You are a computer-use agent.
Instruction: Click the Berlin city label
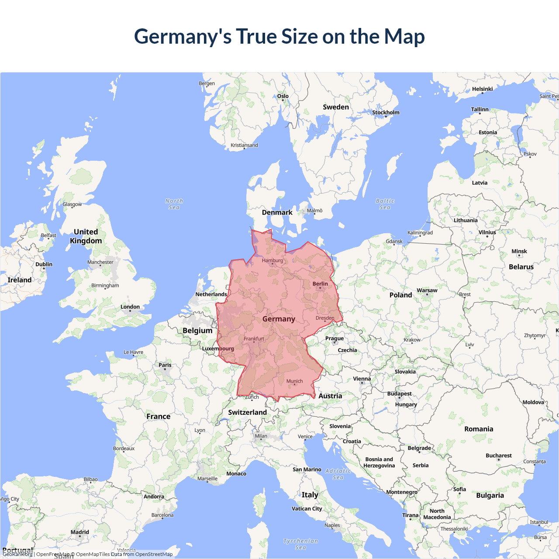coord(320,284)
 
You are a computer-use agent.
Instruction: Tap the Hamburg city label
coord(273,261)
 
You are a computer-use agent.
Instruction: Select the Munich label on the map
coord(294,381)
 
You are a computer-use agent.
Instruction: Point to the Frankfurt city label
coord(254,339)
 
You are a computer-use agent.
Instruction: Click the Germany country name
coord(279,319)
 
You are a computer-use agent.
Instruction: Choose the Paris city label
coord(165,365)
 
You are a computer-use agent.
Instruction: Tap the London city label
coord(130,307)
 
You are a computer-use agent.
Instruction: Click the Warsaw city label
coord(427,290)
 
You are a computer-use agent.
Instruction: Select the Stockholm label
coord(386,113)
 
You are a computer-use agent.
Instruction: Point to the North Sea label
coord(174,204)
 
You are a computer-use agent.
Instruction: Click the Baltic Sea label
coord(385,204)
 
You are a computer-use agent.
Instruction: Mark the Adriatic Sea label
coord(338,474)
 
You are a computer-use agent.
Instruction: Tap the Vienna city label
coord(362,379)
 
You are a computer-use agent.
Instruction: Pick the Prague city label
coord(335,338)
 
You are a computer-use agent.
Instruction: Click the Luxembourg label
coord(218,349)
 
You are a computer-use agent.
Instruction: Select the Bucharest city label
coord(498,455)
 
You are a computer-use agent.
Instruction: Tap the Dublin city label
coord(44,264)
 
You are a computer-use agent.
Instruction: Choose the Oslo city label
coord(283,96)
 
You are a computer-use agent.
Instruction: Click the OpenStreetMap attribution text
coord(154,554)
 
